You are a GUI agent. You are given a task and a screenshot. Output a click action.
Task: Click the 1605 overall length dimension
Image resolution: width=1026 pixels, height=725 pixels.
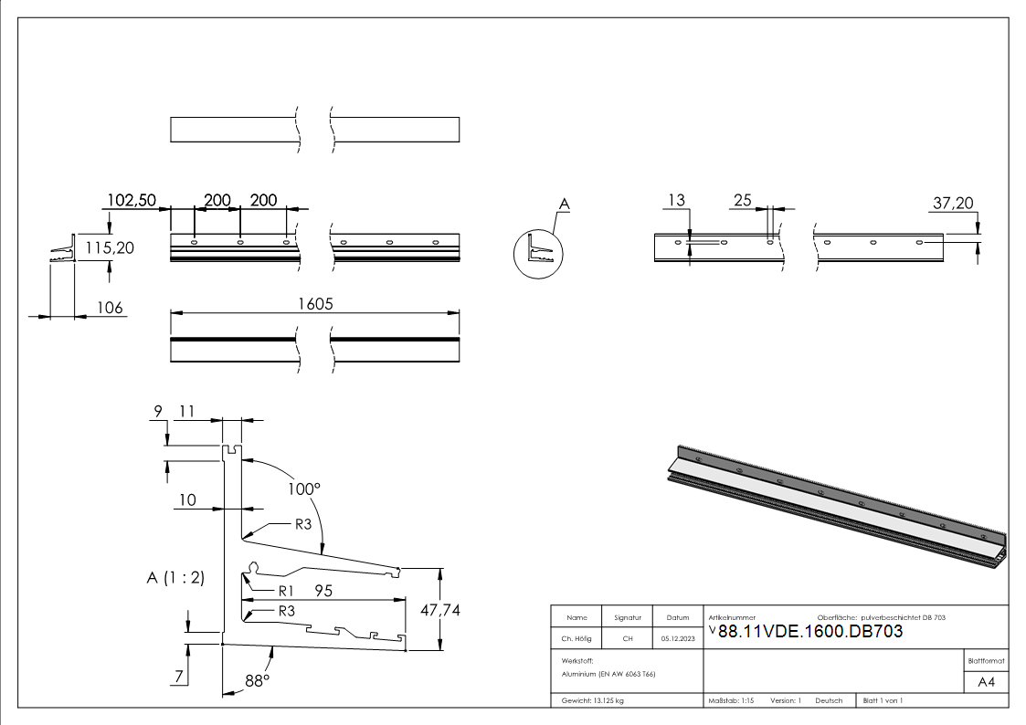pyautogui.click(x=314, y=305)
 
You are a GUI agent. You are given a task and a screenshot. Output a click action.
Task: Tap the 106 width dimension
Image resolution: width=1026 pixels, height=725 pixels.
pyautogui.click(x=109, y=308)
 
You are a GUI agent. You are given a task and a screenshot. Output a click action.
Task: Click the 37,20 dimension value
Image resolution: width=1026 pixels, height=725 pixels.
pyautogui.click(x=952, y=204)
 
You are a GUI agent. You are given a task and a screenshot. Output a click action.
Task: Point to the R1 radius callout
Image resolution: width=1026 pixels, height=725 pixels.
pyautogui.click(x=286, y=590)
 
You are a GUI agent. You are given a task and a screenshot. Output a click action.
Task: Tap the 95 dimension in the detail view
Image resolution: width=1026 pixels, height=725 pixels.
pyautogui.click(x=323, y=591)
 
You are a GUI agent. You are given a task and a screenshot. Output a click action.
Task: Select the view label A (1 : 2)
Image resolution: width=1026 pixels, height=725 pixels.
pyautogui.click(x=175, y=577)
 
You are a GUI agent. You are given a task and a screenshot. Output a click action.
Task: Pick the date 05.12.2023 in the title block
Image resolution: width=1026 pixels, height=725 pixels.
pyautogui.click(x=677, y=638)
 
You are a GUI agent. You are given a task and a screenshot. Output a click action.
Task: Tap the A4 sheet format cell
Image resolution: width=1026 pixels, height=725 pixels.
pyautogui.click(x=986, y=682)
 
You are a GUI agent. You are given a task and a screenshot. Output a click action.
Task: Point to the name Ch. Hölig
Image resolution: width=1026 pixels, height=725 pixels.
pyautogui.click(x=576, y=638)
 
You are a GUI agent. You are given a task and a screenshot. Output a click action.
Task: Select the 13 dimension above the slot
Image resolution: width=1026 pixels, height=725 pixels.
pyautogui.click(x=676, y=200)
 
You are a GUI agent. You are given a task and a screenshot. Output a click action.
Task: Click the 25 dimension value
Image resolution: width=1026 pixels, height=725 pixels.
pyautogui.click(x=741, y=200)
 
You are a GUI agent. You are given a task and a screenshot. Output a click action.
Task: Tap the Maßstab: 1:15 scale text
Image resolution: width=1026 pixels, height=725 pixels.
pyautogui.click(x=731, y=700)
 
